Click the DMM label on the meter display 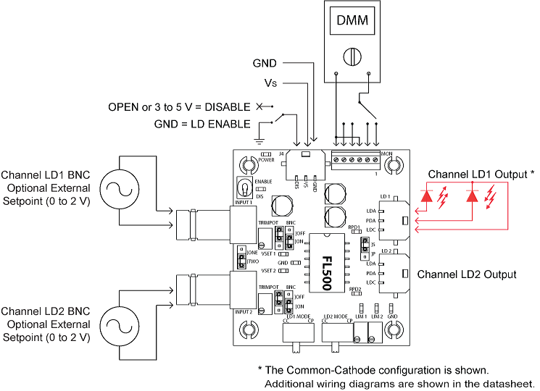point(352,22)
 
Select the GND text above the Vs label point(265,64)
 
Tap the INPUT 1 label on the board point(241,202)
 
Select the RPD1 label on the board point(354,228)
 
